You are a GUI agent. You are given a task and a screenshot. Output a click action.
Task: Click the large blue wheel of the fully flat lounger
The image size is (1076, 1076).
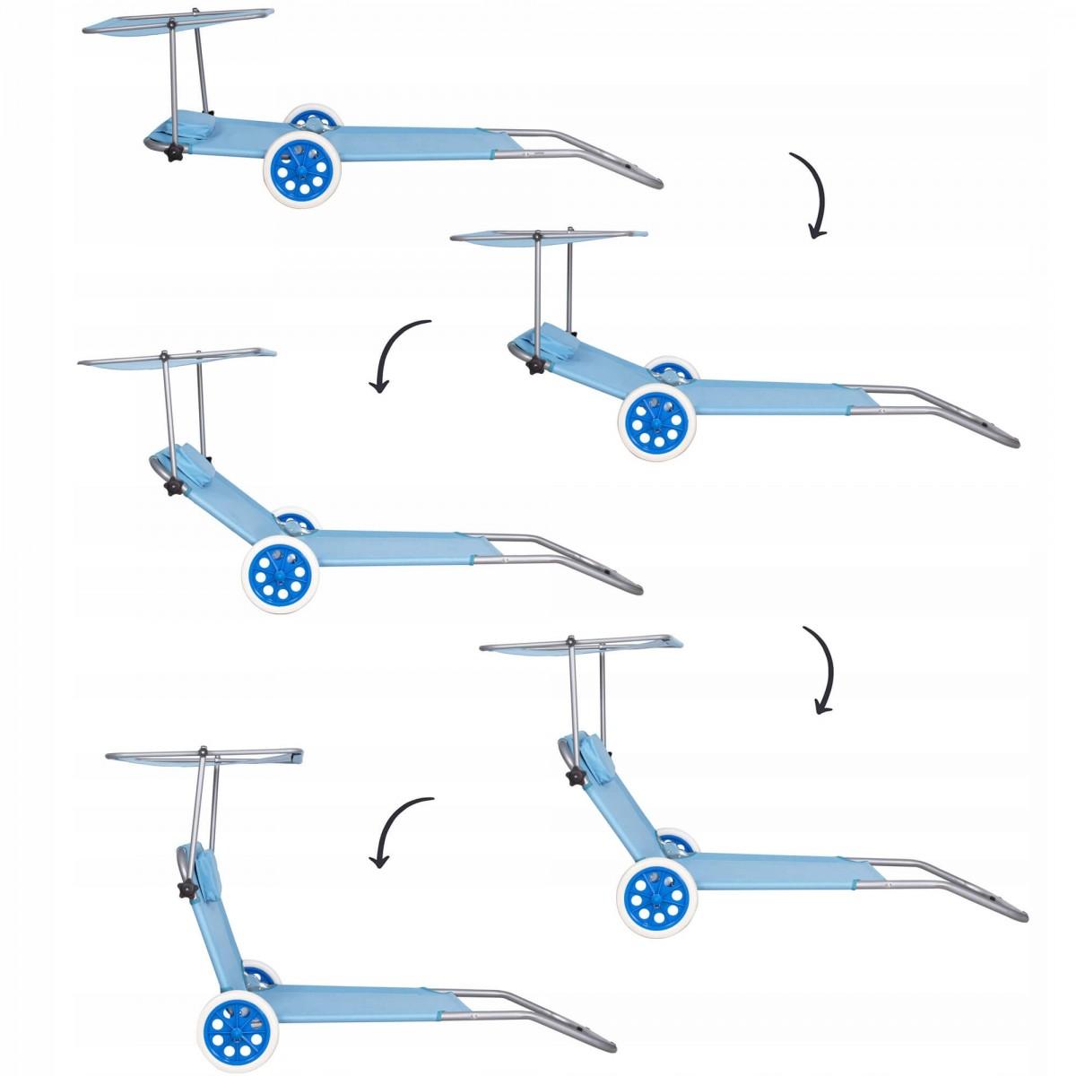pos(302,169)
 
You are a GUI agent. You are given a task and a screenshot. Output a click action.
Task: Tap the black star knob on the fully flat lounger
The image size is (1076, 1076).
pos(174,152)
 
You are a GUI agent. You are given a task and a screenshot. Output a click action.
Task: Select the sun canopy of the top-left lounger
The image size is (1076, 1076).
pos(179,21)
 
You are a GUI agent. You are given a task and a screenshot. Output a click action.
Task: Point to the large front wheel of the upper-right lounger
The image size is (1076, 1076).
pos(657,421)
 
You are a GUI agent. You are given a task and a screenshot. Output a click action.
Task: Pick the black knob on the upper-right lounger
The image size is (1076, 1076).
pos(536,365)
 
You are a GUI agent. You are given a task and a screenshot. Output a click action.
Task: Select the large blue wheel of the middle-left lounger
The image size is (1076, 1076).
pos(280,574)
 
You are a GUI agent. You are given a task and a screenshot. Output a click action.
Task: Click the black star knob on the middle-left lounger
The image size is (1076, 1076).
pos(173,487)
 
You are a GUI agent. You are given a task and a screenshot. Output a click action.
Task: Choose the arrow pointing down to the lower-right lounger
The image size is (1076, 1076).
pos(820,669)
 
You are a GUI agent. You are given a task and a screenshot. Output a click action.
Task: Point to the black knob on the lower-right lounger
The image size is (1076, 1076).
pos(575,776)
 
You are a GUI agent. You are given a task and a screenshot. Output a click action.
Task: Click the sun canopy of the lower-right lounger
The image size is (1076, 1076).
pos(581,644)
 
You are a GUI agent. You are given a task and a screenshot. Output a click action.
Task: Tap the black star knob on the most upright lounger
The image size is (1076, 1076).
pos(187,890)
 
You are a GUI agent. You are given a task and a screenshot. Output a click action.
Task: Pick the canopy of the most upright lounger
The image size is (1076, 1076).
pos(204,756)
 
